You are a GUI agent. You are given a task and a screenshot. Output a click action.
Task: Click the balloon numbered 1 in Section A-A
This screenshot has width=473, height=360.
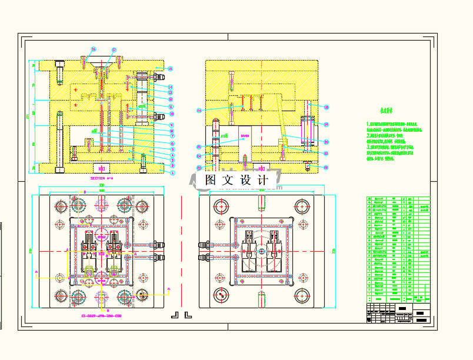click(173, 173)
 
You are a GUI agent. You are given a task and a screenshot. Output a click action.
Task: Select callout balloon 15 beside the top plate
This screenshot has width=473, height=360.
click(170, 69)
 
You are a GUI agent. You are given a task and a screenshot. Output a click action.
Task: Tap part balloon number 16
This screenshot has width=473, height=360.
click(93, 49)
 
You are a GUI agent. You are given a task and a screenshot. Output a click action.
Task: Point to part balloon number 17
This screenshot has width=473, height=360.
click(114, 50)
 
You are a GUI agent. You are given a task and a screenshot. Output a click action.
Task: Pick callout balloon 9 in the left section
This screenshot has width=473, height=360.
click(171, 125)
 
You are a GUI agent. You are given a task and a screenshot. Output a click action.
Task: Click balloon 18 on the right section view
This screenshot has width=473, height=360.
click(327, 107)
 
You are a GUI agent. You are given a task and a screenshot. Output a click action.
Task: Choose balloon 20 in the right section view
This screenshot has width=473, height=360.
click(327, 142)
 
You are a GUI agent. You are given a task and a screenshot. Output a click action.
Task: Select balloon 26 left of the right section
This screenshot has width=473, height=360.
click(199, 111)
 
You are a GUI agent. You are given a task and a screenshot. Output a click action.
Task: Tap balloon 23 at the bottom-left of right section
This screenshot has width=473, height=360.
click(199, 168)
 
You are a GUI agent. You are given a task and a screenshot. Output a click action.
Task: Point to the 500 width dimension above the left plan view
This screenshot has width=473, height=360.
click(101, 186)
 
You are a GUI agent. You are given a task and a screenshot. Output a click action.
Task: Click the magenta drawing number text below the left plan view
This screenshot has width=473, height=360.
click(105, 316)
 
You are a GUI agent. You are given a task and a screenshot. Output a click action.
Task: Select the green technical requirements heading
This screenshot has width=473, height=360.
click(386, 111)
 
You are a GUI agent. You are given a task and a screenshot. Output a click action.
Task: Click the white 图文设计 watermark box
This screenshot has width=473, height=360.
click(236, 180)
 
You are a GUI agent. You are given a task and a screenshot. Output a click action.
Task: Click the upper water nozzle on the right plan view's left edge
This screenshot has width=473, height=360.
click(204, 244)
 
